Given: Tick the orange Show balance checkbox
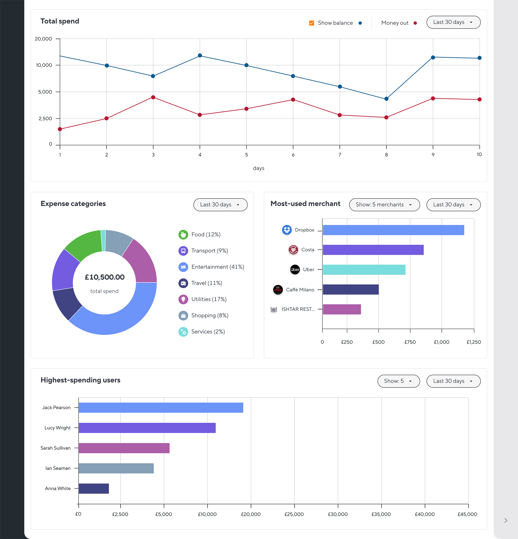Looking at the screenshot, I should [311, 23].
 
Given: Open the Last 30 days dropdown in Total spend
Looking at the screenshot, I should [453, 22].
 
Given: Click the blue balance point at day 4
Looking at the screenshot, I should [200, 56].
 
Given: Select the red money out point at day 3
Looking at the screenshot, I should [153, 97].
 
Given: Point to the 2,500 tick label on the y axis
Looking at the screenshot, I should [45, 118].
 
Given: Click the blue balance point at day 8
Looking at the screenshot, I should [386, 99].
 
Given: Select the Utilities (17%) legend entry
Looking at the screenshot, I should [209, 299].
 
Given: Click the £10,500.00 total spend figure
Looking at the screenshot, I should [104, 277].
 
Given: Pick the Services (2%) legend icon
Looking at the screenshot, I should [183, 332].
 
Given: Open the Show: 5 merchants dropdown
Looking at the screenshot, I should [384, 204].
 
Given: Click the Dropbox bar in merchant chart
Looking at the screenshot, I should [393, 230].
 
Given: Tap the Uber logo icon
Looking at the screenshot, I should [295, 269].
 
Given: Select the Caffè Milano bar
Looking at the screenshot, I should [350, 289].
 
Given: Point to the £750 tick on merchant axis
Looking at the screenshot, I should [410, 342].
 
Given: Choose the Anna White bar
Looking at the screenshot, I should [94, 489].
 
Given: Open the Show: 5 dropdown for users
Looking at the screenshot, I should [398, 381].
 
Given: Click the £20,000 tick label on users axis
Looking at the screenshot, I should [251, 514].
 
